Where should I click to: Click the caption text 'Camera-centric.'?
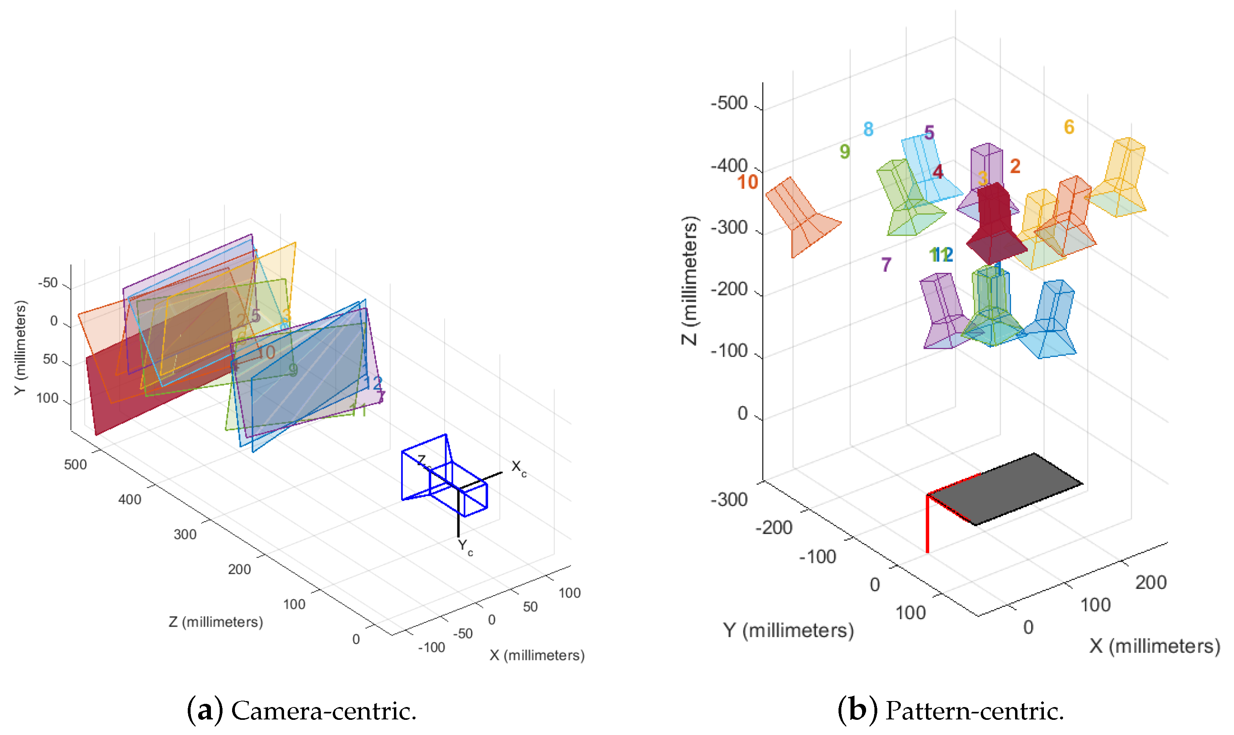click(323, 711)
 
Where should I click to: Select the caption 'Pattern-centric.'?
click(974, 711)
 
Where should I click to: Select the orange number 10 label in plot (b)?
click(747, 182)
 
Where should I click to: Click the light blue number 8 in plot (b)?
click(868, 129)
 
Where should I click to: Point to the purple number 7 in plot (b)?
click(886, 264)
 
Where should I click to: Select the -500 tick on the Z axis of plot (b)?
click(729, 103)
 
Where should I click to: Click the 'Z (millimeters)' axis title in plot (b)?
click(690, 280)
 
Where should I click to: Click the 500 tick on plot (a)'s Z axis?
click(75, 465)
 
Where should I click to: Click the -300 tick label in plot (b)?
click(729, 500)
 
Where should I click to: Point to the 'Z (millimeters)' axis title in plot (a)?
click(215, 622)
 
